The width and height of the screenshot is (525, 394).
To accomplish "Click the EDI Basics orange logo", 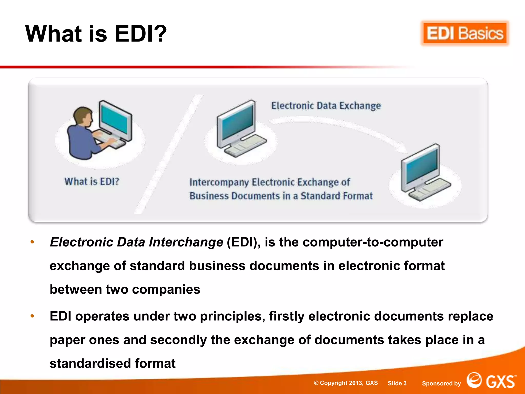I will coord(465,34).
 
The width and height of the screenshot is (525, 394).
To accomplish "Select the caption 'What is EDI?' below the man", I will coord(92,182).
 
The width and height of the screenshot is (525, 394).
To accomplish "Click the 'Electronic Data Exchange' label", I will coord(326,106).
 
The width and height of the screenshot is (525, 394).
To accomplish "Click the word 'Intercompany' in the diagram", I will coord(219,182).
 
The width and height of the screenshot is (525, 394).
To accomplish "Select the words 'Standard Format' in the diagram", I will coord(337,196).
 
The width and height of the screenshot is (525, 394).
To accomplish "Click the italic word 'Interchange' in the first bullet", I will coord(186,242).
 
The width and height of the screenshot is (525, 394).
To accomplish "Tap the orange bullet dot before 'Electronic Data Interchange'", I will coord(32,242).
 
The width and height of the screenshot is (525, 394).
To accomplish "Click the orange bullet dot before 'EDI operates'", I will coord(32,316).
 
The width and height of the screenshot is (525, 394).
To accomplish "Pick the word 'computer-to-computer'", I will coord(373,242).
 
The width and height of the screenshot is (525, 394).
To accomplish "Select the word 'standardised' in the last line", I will coord(90,363).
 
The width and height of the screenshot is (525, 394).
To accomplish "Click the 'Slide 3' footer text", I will coord(397,383).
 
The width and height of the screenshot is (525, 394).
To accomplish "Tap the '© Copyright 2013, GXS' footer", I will coord(346,383).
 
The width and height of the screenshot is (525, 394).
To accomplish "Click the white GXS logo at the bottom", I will coord(491,381).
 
